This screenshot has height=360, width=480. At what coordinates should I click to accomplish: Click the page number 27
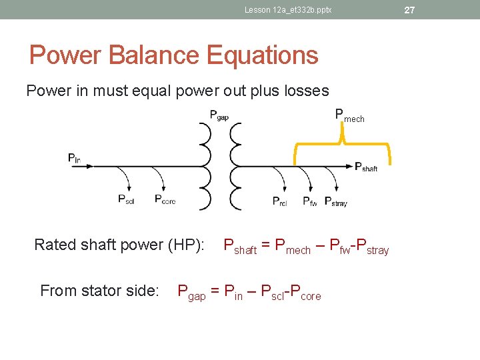coord(409,10)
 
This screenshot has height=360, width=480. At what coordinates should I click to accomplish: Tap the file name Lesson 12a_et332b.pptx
coord(288,10)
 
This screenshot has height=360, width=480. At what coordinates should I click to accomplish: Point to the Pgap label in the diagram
coord(219,115)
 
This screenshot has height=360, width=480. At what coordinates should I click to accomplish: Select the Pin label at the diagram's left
coord(74,158)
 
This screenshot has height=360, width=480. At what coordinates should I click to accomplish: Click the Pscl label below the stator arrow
coord(126,199)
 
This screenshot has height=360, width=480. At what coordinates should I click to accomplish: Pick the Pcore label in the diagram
coord(165,199)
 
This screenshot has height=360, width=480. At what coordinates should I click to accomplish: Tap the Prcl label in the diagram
coord(280,201)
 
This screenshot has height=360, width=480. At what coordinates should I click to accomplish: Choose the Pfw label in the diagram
coord(310,201)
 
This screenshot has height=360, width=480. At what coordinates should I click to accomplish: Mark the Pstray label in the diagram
coord(335,201)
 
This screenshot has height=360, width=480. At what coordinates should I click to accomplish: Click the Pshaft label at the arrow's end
coord(366,167)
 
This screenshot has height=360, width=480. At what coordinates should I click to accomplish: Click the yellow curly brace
coord(342,144)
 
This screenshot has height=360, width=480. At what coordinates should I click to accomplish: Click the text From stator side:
coord(99,291)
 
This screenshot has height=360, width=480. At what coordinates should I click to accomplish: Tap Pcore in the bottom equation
coord(306,293)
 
